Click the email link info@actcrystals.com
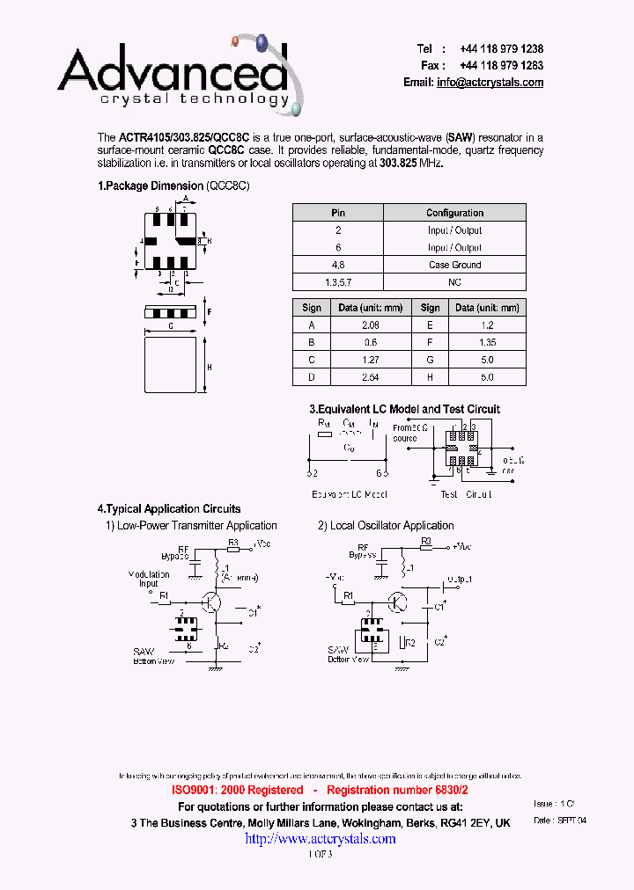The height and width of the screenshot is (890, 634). click(x=490, y=83)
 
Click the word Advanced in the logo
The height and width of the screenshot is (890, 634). click(x=173, y=70)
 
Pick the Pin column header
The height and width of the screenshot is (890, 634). click(x=338, y=213)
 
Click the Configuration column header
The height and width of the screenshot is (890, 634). click(x=454, y=213)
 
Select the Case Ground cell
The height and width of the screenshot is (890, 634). click(x=454, y=265)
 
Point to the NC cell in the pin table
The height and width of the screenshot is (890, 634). click(x=454, y=282)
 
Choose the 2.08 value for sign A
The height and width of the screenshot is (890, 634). click(x=370, y=325)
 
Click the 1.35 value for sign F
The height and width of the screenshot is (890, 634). click(x=486, y=342)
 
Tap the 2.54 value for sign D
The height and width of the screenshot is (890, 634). click(x=370, y=377)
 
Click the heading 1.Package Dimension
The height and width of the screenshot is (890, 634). click(x=151, y=186)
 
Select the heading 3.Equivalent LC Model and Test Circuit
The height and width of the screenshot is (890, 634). click(x=404, y=409)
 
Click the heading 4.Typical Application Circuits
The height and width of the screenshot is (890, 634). click(x=168, y=508)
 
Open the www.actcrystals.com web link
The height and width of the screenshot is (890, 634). click(x=320, y=839)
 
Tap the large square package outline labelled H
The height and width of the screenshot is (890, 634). click(x=170, y=364)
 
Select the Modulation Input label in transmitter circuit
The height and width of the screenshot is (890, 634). click(x=149, y=579)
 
